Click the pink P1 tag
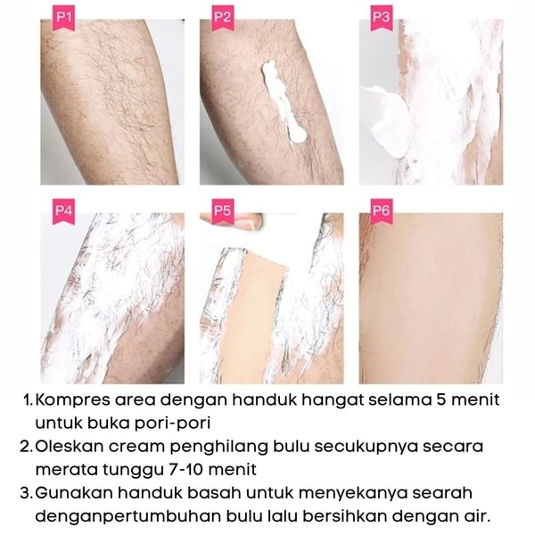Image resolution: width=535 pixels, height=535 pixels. (63, 18)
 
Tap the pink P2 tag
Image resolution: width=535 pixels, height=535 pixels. (222, 18)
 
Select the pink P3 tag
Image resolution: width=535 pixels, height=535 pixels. (382, 18)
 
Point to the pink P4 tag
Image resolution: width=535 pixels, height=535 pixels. (63, 211)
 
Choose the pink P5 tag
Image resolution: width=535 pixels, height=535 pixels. (222, 211)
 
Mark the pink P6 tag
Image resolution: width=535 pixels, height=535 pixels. (382, 211)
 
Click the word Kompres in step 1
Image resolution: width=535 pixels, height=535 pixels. (73, 400)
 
